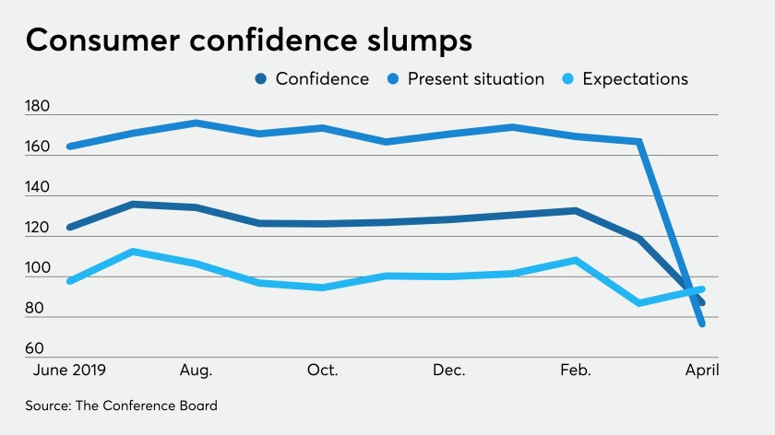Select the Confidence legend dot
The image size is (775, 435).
click(262, 79)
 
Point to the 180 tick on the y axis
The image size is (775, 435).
click(39, 107)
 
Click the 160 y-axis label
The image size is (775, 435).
click(39, 147)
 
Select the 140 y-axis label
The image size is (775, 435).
click(39, 187)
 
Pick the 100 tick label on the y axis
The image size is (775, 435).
click(39, 268)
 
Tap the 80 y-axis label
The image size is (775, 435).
click(41, 309)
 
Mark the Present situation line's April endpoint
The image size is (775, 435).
click(703, 323)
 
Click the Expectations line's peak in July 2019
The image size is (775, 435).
click(133, 251)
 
